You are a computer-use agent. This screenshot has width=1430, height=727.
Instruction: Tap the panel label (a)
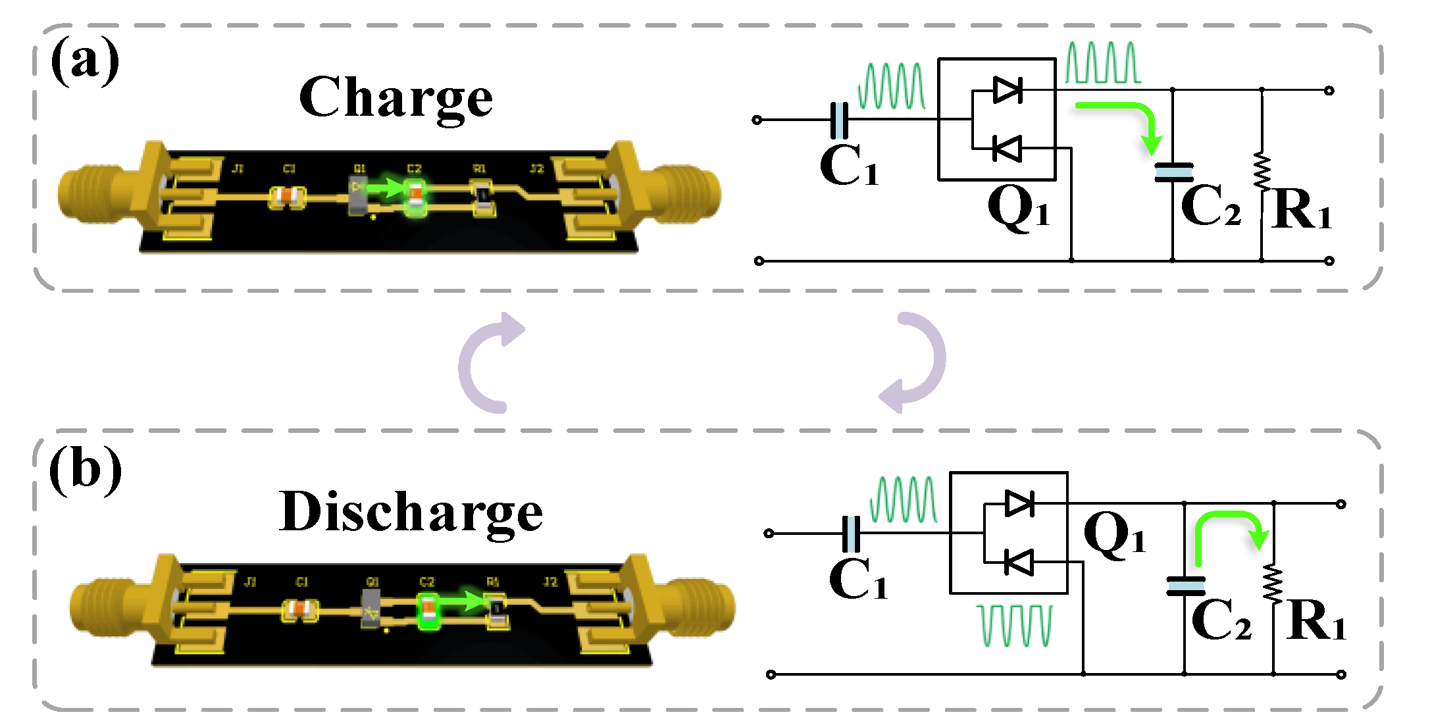(85, 61)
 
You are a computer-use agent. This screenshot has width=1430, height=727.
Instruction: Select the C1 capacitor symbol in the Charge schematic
(839, 120)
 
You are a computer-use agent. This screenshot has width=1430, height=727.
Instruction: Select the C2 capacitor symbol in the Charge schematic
(1173, 172)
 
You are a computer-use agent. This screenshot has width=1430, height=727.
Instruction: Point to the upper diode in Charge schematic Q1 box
(1007, 89)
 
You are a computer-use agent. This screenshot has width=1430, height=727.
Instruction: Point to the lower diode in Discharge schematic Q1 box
(1019, 563)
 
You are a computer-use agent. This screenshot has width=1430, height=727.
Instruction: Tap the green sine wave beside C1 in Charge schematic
(892, 86)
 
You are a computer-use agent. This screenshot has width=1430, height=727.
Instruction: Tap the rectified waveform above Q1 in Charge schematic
(1103, 63)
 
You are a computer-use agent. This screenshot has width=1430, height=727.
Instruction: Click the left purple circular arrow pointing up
(487, 362)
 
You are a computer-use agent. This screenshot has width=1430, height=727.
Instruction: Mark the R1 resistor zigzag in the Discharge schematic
(1273, 583)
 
